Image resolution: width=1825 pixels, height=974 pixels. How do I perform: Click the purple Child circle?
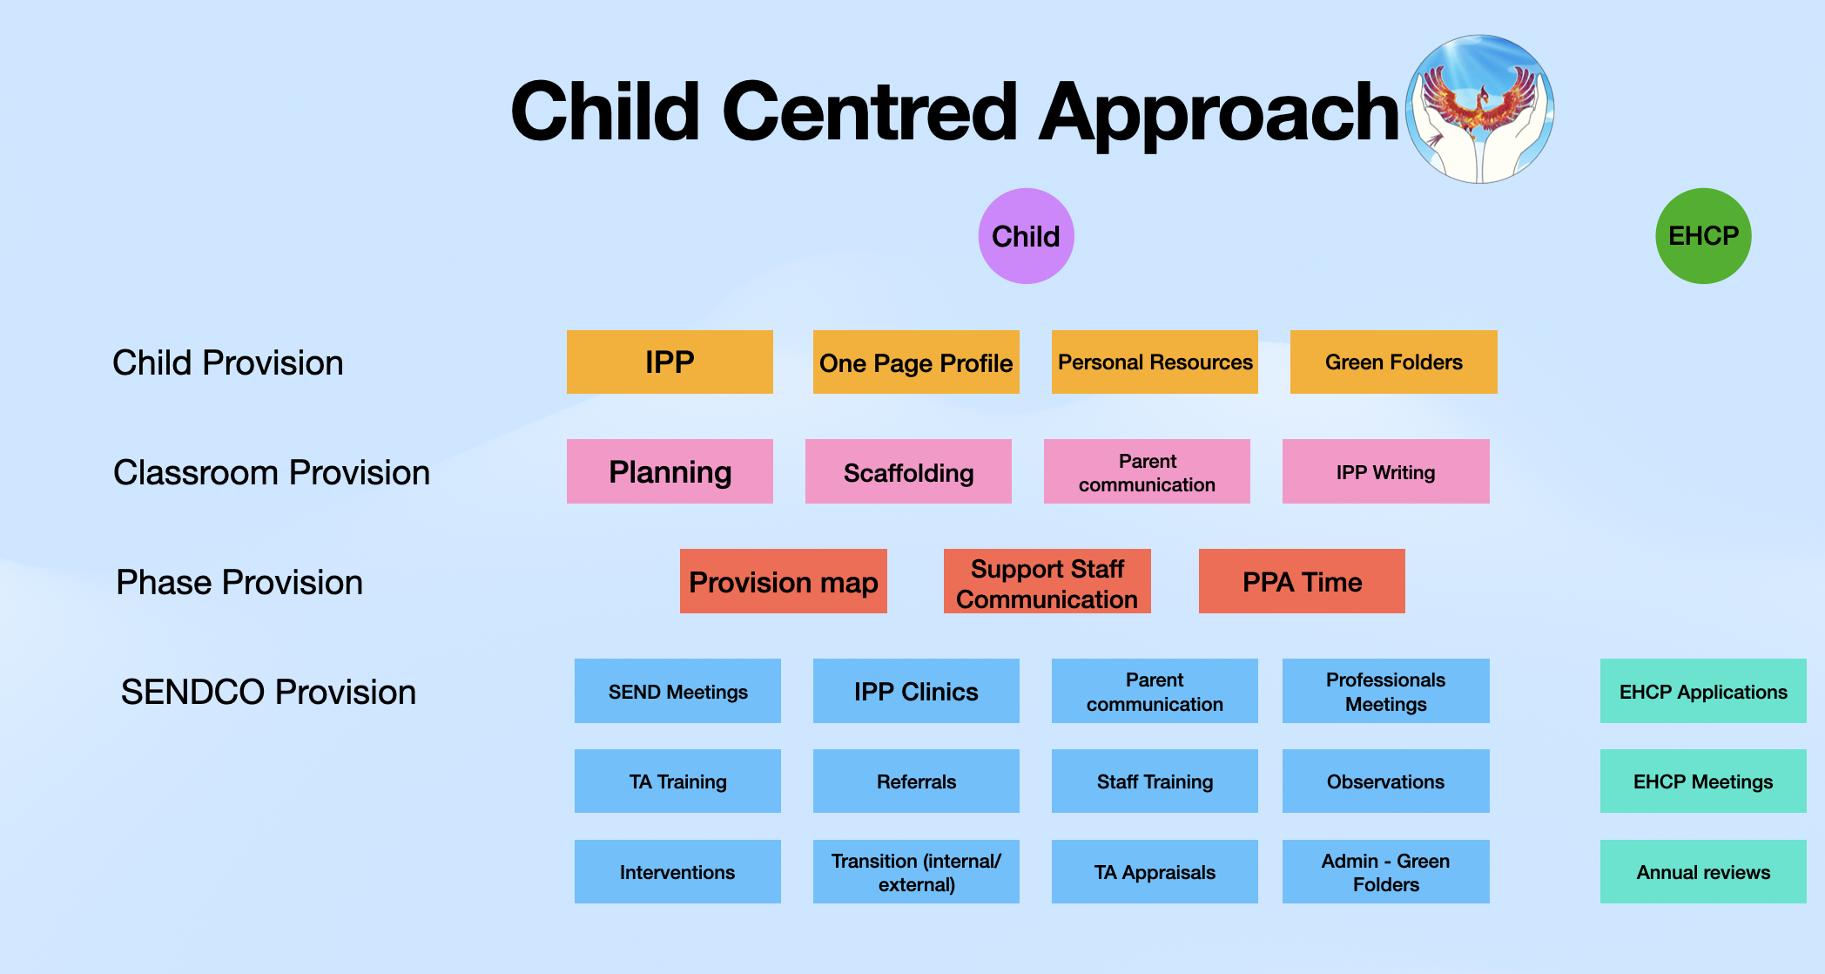click(x=1026, y=236)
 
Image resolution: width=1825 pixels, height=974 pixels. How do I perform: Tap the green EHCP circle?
click(x=1703, y=236)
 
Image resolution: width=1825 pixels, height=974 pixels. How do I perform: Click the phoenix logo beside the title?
click(x=1480, y=109)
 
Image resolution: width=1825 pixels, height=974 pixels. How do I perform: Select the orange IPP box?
click(x=670, y=362)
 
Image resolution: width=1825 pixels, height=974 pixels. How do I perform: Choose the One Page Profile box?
click(x=916, y=362)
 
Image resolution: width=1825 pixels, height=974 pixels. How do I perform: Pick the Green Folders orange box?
click(x=1394, y=362)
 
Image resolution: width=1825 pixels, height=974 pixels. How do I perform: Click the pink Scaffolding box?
click(x=908, y=471)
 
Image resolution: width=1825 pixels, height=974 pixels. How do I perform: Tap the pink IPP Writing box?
click(x=1386, y=471)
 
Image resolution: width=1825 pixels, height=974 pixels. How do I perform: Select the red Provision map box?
click(x=784, y=581)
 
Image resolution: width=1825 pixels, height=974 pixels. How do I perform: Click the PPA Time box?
click(x=1302, y=581)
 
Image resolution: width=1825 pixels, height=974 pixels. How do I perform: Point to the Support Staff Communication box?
click(x=1047, y=581)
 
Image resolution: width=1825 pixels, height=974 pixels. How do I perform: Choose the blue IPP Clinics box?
click(x=916, y=691)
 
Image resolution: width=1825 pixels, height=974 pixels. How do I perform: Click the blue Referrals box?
click(x=916, y=781)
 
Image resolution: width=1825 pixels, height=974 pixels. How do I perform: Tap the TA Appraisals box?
click(x=1155, y=871)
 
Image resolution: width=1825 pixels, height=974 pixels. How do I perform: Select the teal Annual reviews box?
click(x=1703, y=871)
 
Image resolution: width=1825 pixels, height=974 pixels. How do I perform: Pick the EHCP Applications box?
click(x=1703, y=691)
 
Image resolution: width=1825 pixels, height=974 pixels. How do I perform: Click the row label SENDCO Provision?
click(x=268, y=692)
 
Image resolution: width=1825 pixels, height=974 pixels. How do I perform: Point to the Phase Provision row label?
click(x=239, y=582)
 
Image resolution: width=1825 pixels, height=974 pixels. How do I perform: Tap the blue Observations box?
click(x=1386, y=781)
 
